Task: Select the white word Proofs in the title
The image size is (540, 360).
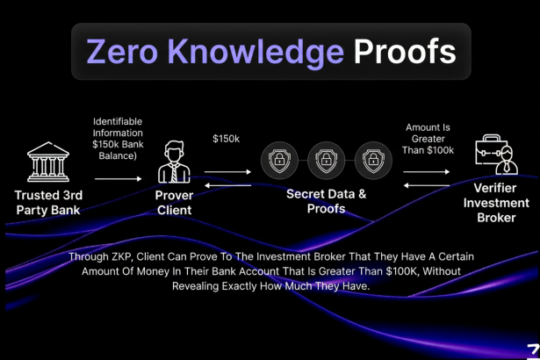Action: tap(405, 52)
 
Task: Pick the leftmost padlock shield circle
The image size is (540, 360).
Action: tap(278, 161)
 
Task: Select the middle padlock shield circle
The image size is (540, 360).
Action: tap(326, 161)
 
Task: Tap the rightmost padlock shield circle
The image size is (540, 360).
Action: tap(373, 161)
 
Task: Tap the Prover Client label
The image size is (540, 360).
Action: tap(174, 203)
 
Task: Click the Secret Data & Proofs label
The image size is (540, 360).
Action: tap(326, 201)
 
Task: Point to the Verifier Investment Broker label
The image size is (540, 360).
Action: tap(496, 204)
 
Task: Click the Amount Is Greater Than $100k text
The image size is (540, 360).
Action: tap(429, 139)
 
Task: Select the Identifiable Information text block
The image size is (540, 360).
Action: tap(117, 138)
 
